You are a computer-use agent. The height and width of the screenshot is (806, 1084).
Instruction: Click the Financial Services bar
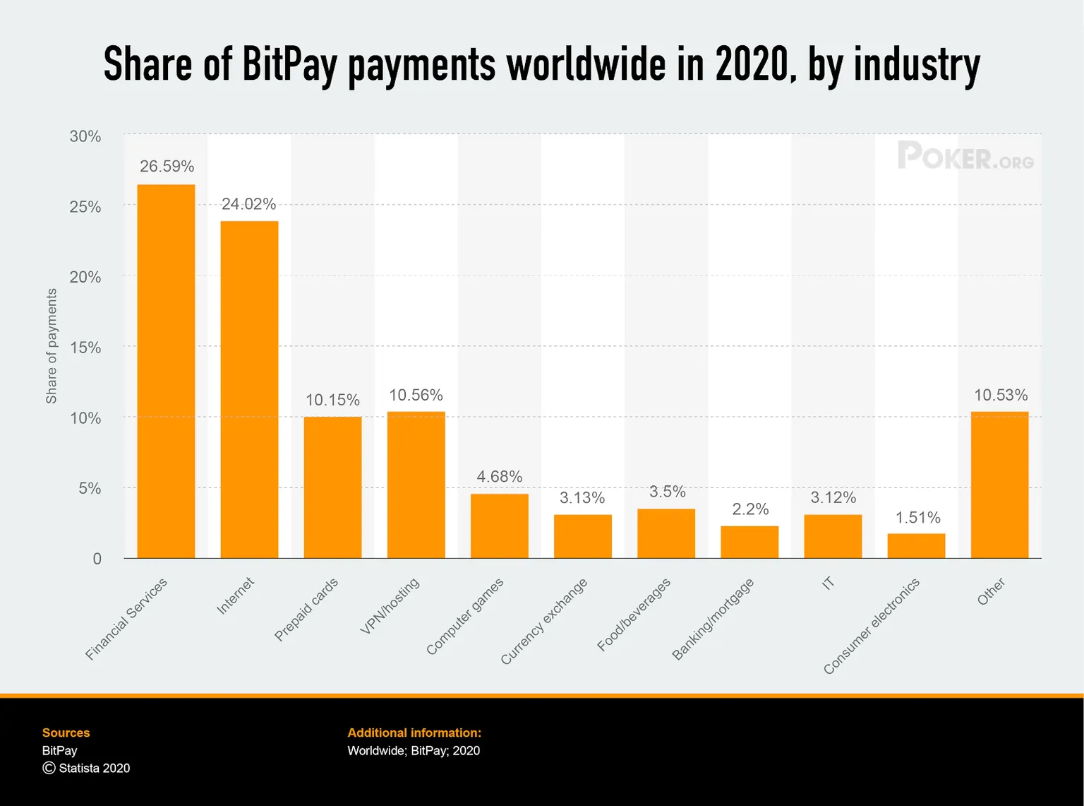(x=166, y=371)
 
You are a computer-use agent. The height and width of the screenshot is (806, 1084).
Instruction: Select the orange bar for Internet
(x=249, y=389)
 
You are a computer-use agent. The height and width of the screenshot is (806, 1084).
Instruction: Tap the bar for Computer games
(x=499, y=526)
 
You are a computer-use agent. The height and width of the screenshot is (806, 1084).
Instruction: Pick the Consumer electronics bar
(x=916, y=545)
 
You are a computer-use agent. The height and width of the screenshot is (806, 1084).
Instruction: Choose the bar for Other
(x=999, y=485)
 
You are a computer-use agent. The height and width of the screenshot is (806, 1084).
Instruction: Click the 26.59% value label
(x=167, y=166)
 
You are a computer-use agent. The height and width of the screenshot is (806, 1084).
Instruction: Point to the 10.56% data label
(x=416, y=395)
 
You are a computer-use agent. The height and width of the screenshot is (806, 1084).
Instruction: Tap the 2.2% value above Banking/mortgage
(x=750, y=509)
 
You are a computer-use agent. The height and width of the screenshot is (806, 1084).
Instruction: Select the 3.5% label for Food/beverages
(x=667, y=492)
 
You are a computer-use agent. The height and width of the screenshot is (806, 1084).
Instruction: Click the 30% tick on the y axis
(x=85, y=136)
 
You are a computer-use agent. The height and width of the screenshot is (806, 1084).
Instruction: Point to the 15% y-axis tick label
(x=85, y=348)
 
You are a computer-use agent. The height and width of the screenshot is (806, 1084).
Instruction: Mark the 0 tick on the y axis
(x=97, y=559)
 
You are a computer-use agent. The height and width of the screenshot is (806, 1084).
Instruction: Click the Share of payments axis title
(x=51, y=346)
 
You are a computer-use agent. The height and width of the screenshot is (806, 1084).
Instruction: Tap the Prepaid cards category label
(x=306, y=609)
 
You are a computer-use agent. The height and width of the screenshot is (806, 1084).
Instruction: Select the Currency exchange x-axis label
(x=544, y=621)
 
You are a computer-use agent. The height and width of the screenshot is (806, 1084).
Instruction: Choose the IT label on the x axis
(x=828, y=583)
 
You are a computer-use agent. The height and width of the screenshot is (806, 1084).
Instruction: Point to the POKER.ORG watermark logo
(x=965, y=156)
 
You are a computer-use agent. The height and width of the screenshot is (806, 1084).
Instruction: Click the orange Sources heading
(x=66, y=733)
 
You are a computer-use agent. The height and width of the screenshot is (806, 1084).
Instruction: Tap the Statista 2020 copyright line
(x=86, y=768)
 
